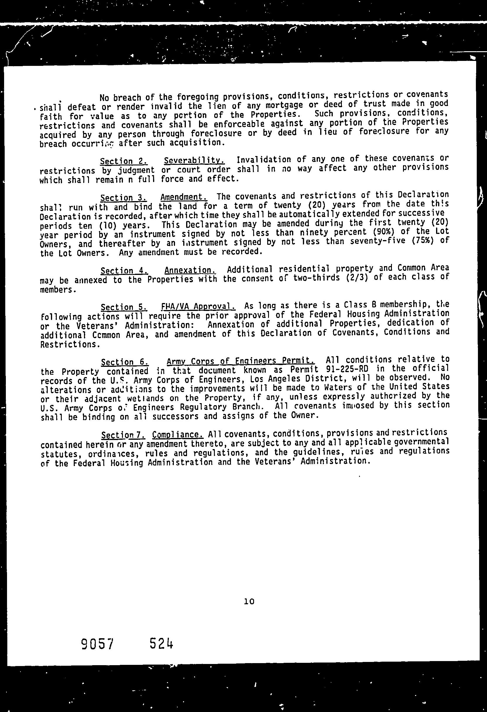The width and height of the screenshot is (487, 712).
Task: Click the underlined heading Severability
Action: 194,160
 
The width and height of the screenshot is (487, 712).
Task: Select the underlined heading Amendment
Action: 184,197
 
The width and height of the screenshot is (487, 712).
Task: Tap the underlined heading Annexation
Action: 190,270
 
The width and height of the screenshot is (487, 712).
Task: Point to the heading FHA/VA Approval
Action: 198,306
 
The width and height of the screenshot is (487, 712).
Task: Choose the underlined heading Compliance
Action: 178,434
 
